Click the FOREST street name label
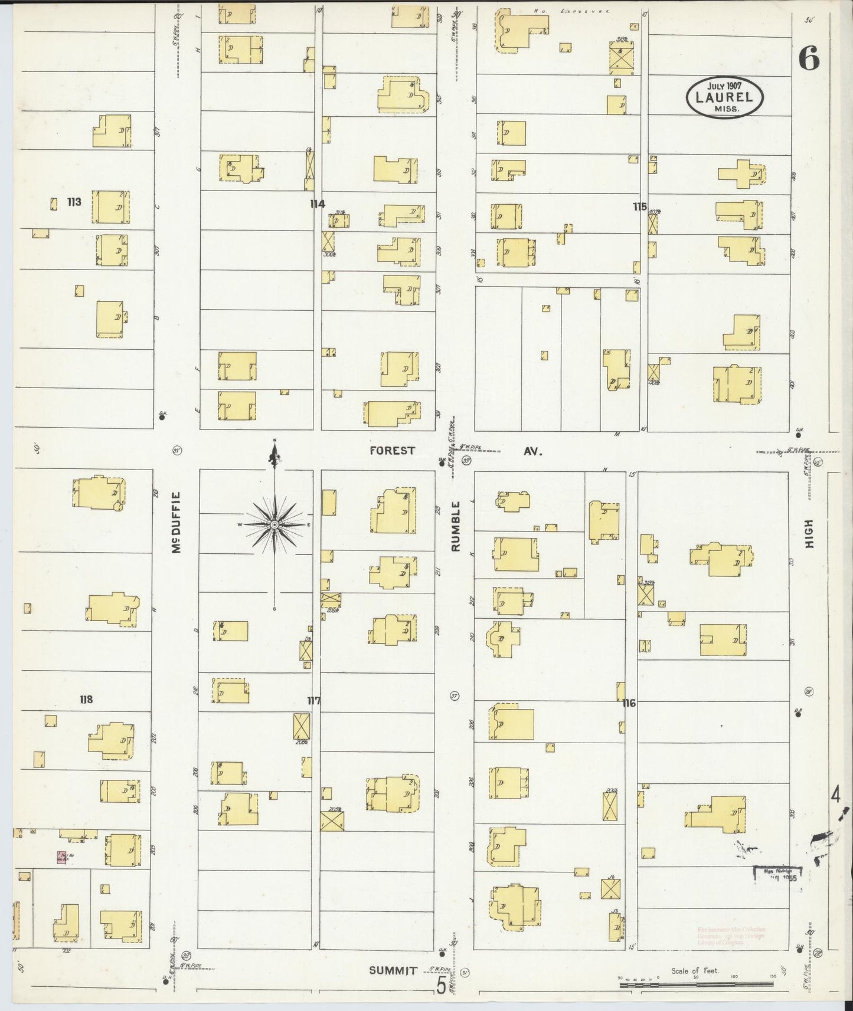click(x=393, y=451)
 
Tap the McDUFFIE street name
click(x=175, y=523)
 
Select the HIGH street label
click(x=809, y=534)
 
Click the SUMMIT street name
click(x=393, y=970)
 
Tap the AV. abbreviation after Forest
click(x=532, y=451)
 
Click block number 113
click(x=74, y=202)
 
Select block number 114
click(x=317, y=204)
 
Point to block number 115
click(x=639, y=207)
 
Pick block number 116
click(x=629, y=703)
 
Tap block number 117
click(x=313, y=701)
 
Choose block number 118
click(x=86, y=700)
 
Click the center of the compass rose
click(x=274, y=524)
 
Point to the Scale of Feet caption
click(x=694, y=970)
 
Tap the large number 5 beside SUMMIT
click(x=441, y=986)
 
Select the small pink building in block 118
click(x=61, y=858)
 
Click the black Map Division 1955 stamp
click(x=778, y=874)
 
